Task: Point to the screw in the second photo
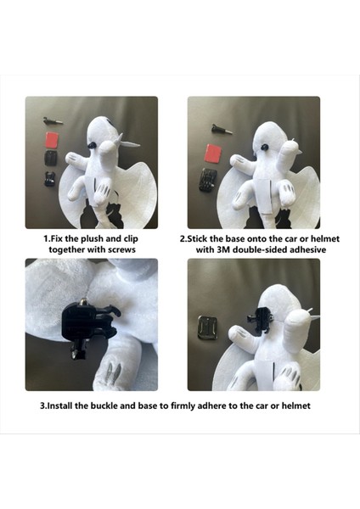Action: (x=217, y=128)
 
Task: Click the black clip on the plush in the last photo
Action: (x=252, y=321)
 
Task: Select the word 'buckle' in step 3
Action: (x=113, y=406)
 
